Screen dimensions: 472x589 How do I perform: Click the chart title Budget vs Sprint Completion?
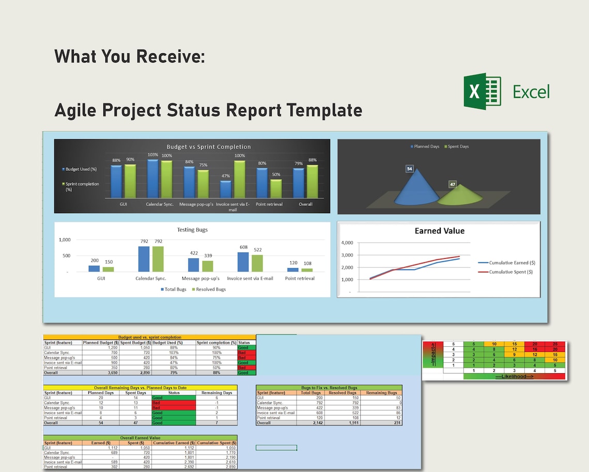click(208, 147)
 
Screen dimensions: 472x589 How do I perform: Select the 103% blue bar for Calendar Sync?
click(153, 179)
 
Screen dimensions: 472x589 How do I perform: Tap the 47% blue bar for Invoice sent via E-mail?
click(226, 189)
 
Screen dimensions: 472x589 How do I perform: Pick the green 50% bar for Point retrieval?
click(276, 188)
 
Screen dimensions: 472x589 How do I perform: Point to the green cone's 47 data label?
click(453, 184)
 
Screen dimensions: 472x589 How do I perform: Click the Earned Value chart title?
click(439, 231)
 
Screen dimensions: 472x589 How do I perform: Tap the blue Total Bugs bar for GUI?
click(94, 268)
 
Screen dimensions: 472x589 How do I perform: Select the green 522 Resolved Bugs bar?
click(256, 263)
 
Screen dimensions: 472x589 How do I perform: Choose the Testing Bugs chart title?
click(192, 230)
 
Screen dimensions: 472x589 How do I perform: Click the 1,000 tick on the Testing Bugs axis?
click(65, 240)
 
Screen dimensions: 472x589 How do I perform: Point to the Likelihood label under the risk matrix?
click(514, 376)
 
